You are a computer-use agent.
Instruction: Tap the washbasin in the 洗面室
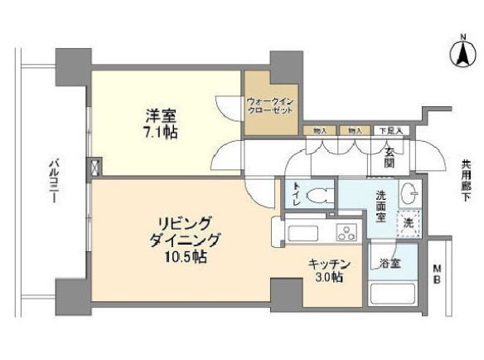(409, 194)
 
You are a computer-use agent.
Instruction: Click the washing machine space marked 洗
(407, 221)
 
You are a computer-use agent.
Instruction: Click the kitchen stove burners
(345, 233)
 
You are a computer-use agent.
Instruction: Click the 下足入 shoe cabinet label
(389, 131)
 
